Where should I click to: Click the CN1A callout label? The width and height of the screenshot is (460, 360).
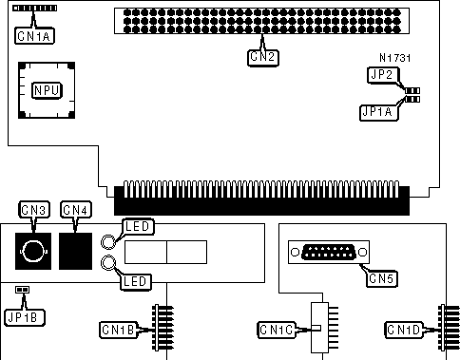pyautogui.click(x=34, y=36)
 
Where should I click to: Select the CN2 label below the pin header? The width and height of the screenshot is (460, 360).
pyautogui.click(x=263, y=57)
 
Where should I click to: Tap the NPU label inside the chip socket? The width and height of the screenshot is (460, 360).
pyautogui.click(x=47, y=90)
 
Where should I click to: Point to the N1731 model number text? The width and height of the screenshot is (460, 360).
pyautogui.click(x=394, y=58)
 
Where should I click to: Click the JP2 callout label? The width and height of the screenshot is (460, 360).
pyautogui.click(x=383, y=75)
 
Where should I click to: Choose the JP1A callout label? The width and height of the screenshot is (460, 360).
pyautogui.click(x=379, y=112)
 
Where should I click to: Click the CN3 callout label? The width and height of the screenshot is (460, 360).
pyautogui.click(x=34, y=210)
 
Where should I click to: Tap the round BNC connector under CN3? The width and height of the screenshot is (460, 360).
pyautogui.click(x=33, y=251)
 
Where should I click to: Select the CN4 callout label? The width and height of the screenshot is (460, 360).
pyautogui.click(x=76, y=210)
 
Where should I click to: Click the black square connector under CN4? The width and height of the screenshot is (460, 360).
pyautogui.click(x=75, y=251)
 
